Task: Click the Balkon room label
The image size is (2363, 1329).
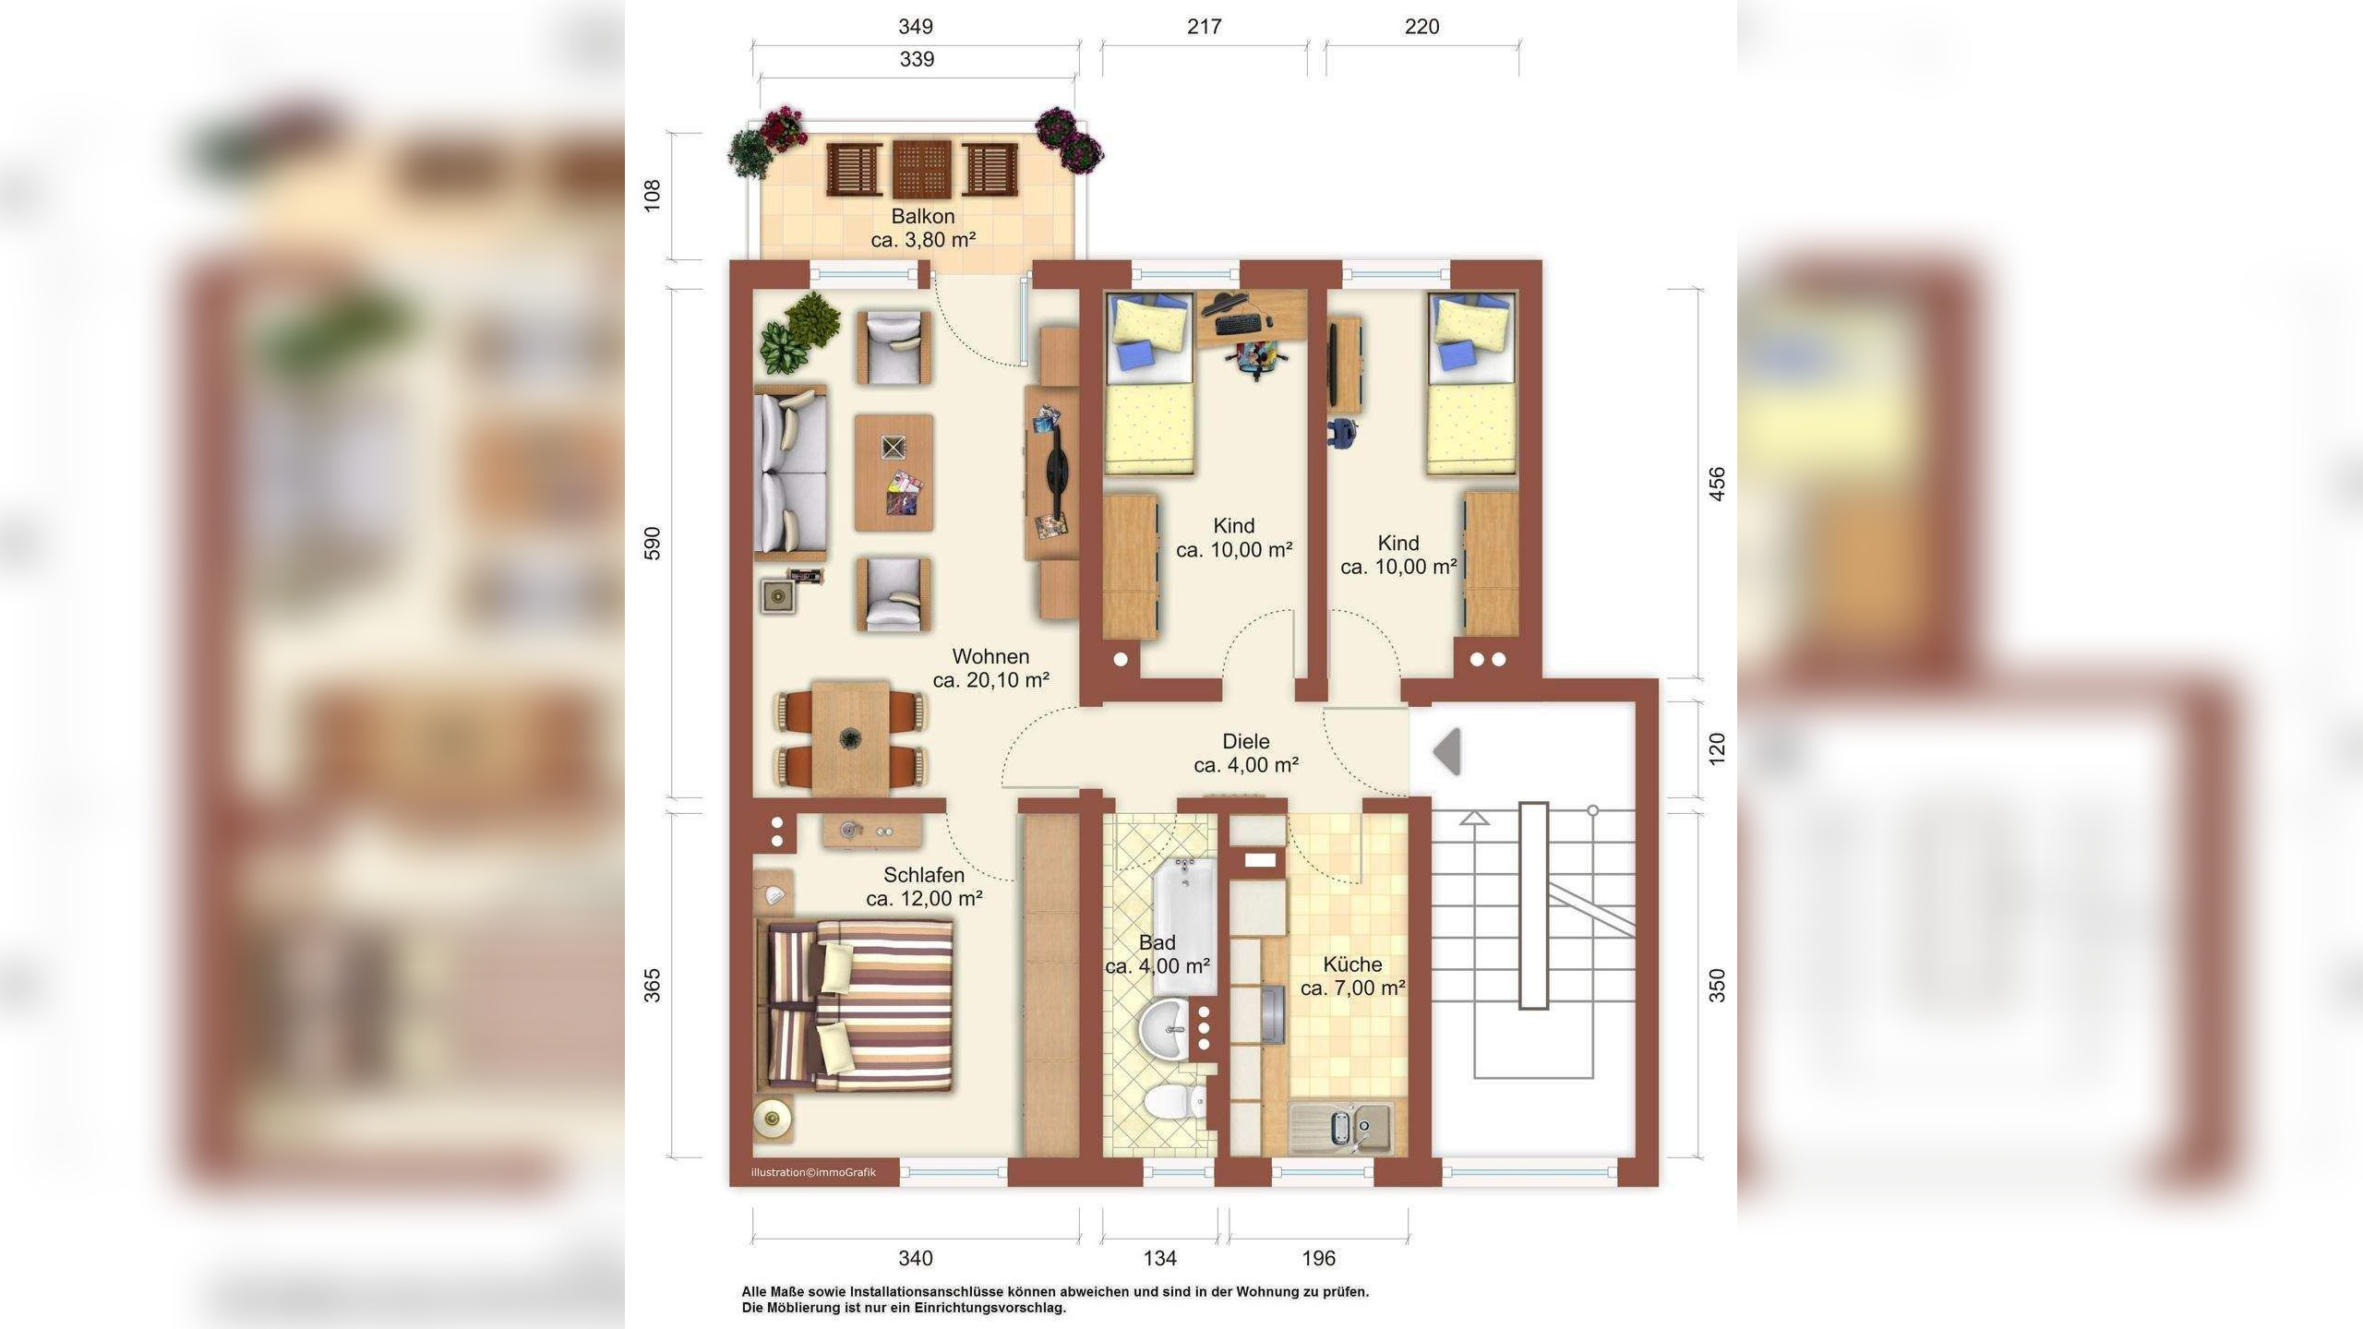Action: click(x=923, y=217)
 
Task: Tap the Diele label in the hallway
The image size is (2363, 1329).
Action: click(x=1246, y=741)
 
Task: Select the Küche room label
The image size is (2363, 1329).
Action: click(x=1352, y=964)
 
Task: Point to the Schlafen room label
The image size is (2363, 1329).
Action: click(x=924, y=875)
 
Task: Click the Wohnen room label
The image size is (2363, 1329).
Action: click(x=990, y=657)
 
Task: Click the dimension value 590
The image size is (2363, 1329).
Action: click(x=653, y=544)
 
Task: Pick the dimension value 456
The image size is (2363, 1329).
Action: click(x=1717, y=484)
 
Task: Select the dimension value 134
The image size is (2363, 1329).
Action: click(x=1160, y=1258)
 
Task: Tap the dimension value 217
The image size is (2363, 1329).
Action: click(x=1205, y=27)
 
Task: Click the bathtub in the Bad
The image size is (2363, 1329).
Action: click(x=1185, y=926)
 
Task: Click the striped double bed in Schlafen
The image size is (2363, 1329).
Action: click(x=855, y=1005)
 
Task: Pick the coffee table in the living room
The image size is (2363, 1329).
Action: click(x=894, y=473)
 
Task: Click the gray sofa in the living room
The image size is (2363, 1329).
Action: click(x=790, y=473)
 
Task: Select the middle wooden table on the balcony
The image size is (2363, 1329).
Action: click(x=922, y=170)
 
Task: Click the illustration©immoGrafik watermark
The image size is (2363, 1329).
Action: click(x=813, y=1173)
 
